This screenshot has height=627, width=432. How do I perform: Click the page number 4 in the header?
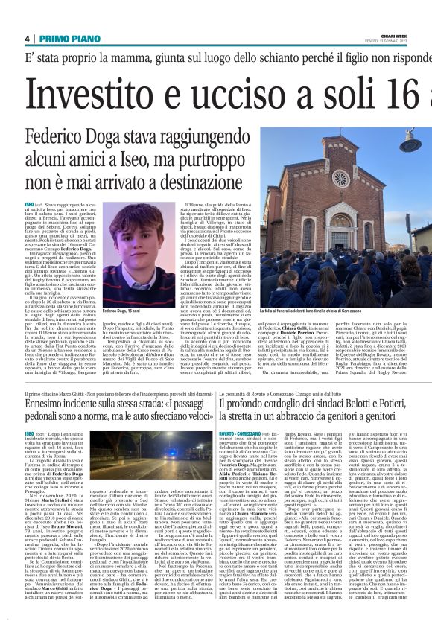coord(27,39)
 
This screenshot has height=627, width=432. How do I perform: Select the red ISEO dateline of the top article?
coord(29,203)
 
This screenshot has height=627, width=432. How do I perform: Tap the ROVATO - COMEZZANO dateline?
coord(243,433)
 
